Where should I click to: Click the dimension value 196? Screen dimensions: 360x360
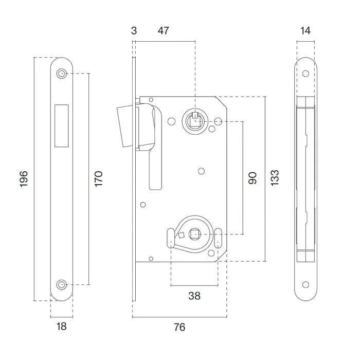click(x=24, y=178)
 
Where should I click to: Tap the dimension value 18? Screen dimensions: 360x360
click(x=61, y=326)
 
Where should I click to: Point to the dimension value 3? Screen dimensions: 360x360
click(x=134, y=31)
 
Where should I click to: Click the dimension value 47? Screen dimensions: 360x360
click(x=163, y=31)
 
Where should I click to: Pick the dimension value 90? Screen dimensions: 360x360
click(x=252, y=178)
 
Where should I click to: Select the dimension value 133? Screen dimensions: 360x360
click(x=275, y=178)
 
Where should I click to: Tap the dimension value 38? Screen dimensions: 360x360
click(x=194, y=296)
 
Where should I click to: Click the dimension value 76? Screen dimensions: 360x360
click(x=179, y=327)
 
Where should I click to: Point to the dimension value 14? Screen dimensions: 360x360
click(x=305, y=31)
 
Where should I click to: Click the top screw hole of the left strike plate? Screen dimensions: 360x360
click(x=62, y=74)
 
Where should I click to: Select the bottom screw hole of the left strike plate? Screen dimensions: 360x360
click(x=62, y=284)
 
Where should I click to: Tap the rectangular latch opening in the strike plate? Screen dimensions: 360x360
click(x=61, y=123)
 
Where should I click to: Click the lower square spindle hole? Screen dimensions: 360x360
click(x=194, y=235)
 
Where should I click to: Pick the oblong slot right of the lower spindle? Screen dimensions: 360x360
click(x=218, y=238)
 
